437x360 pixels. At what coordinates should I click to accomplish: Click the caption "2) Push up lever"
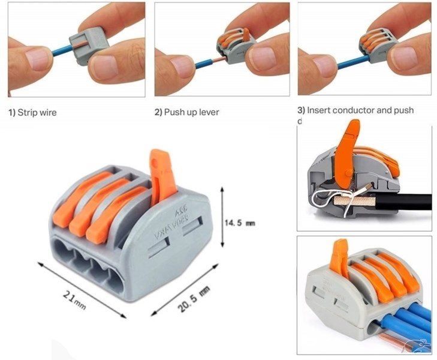point(186,112)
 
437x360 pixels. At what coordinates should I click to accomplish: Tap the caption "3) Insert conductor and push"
point(355,110)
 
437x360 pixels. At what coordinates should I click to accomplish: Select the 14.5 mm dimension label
point(239,223)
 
